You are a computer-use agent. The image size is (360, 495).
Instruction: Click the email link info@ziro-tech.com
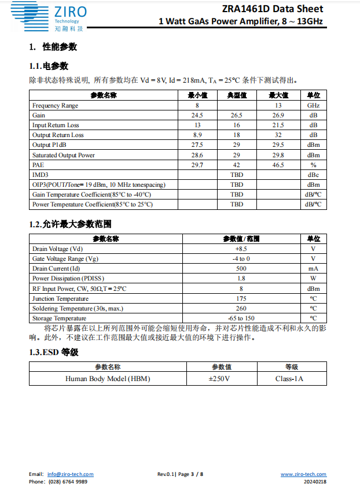70,474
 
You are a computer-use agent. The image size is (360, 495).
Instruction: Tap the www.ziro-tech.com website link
303,474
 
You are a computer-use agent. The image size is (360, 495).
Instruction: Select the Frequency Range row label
55,106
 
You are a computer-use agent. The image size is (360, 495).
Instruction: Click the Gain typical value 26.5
236,116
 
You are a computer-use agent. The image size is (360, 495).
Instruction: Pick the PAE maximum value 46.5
278,165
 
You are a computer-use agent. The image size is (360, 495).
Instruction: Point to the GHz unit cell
313,106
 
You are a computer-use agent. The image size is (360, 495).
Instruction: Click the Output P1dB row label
49,145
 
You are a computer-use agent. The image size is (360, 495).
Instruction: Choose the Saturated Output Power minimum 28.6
197,155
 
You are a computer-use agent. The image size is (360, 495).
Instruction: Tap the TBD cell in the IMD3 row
236,175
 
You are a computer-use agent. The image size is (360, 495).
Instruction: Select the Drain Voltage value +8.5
241,249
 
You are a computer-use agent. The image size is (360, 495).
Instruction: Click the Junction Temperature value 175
241,298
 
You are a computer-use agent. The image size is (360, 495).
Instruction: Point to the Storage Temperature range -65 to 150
241,318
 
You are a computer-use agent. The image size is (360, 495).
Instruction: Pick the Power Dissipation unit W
313,279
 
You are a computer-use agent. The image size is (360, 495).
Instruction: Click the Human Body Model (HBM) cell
108,379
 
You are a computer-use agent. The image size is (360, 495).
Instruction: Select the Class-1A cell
289,379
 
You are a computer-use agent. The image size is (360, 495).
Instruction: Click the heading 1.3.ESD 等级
53,352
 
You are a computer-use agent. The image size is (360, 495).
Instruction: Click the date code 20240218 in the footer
315,482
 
